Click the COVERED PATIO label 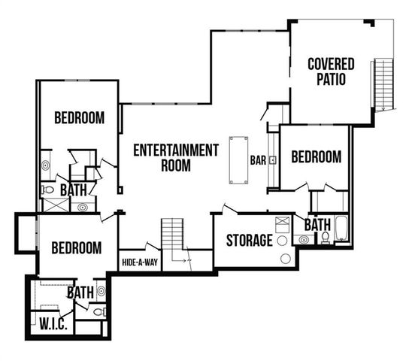coord(331,71)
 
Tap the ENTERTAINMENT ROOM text coord(176,157)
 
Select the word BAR coord(258,160)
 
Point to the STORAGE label coord(249,241)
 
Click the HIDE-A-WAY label coord(139,262)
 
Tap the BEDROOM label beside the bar coord(316,157)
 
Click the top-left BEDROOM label coord(79,118)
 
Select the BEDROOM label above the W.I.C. coord(76,247)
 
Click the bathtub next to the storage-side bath coord(342,228)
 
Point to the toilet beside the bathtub coord(326,238)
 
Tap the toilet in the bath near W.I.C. coord(99,311)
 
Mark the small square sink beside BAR coord(273,159)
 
